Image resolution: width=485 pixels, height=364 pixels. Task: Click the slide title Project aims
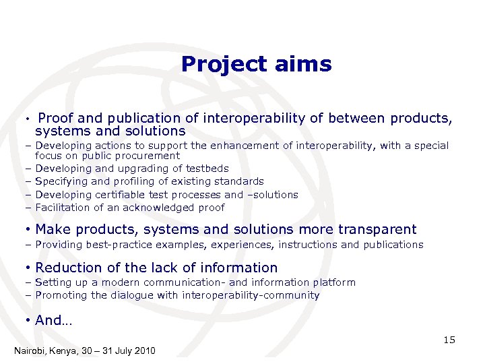click(x=256, y=64)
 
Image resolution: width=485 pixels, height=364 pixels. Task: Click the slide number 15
click(x=449, y=340)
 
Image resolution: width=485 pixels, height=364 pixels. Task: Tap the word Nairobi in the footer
click(x=32, y=351)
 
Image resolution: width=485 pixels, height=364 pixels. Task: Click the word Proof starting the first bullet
click(x=56, y=119)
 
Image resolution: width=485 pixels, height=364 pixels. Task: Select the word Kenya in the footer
click(x=69, y=351)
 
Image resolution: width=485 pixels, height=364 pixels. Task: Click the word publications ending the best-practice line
click(x=393, y=245)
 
